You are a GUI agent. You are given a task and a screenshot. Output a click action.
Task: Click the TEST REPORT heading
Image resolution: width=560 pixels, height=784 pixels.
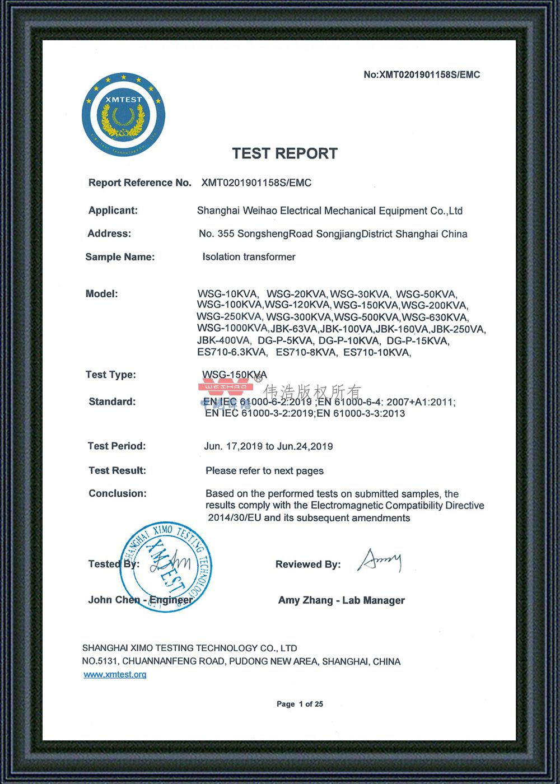285,153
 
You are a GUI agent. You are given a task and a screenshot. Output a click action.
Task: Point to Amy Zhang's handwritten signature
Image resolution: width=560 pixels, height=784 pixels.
380,561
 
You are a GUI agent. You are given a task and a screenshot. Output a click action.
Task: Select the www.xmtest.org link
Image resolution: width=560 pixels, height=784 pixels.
115,674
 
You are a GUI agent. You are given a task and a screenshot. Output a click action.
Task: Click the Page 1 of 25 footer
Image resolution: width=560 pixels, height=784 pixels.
300,704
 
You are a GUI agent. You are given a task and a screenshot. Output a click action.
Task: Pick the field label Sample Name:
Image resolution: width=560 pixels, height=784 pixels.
120,257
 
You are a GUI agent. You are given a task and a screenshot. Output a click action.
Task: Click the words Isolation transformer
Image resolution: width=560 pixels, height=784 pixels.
249,257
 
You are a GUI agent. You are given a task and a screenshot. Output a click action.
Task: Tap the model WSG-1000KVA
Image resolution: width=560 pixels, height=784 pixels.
232,328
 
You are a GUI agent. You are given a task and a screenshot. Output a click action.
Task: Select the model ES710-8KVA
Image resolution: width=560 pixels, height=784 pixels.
306,353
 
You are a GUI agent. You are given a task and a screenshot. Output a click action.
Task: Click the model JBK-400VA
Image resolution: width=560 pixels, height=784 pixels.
223,340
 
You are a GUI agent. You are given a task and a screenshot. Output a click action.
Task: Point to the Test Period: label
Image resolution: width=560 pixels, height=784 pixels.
116,446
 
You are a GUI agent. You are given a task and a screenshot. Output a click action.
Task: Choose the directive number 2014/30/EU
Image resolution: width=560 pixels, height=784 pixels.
234,518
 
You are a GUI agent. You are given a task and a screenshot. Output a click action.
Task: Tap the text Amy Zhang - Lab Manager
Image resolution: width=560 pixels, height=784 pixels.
341,600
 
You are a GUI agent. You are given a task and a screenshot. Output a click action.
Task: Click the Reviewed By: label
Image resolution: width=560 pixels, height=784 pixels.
307,564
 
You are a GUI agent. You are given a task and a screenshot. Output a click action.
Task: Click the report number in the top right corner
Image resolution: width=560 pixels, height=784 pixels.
422,75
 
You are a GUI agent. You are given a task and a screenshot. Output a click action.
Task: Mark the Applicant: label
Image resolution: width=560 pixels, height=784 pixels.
113,211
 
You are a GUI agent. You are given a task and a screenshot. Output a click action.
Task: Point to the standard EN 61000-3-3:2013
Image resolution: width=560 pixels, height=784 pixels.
361,414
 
